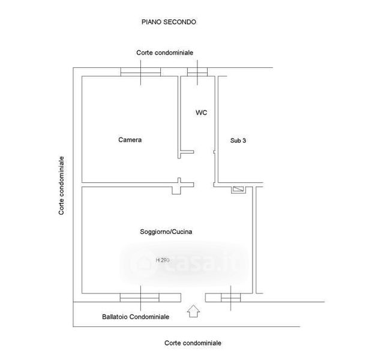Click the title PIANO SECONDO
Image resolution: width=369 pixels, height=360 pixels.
tap(169, 22)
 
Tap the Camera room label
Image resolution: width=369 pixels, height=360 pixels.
tap(130, 140)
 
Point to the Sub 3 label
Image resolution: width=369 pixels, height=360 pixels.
tap(238, 140)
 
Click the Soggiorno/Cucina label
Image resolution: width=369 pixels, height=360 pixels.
tap(166, 231)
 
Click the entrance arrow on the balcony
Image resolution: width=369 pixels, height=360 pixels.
tap(194, 311)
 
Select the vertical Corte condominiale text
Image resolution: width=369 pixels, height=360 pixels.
tap(62, 186)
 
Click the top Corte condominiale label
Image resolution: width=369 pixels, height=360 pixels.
tap(164, 53)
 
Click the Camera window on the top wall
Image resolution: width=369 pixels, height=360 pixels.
tap(141, 72)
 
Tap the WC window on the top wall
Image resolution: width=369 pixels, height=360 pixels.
tap(197, 72)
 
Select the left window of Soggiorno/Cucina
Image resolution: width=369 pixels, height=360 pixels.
tap(140, 297)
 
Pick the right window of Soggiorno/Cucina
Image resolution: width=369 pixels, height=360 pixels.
tap(230, 297)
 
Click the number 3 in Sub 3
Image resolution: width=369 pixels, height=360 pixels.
tap(244, 140)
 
